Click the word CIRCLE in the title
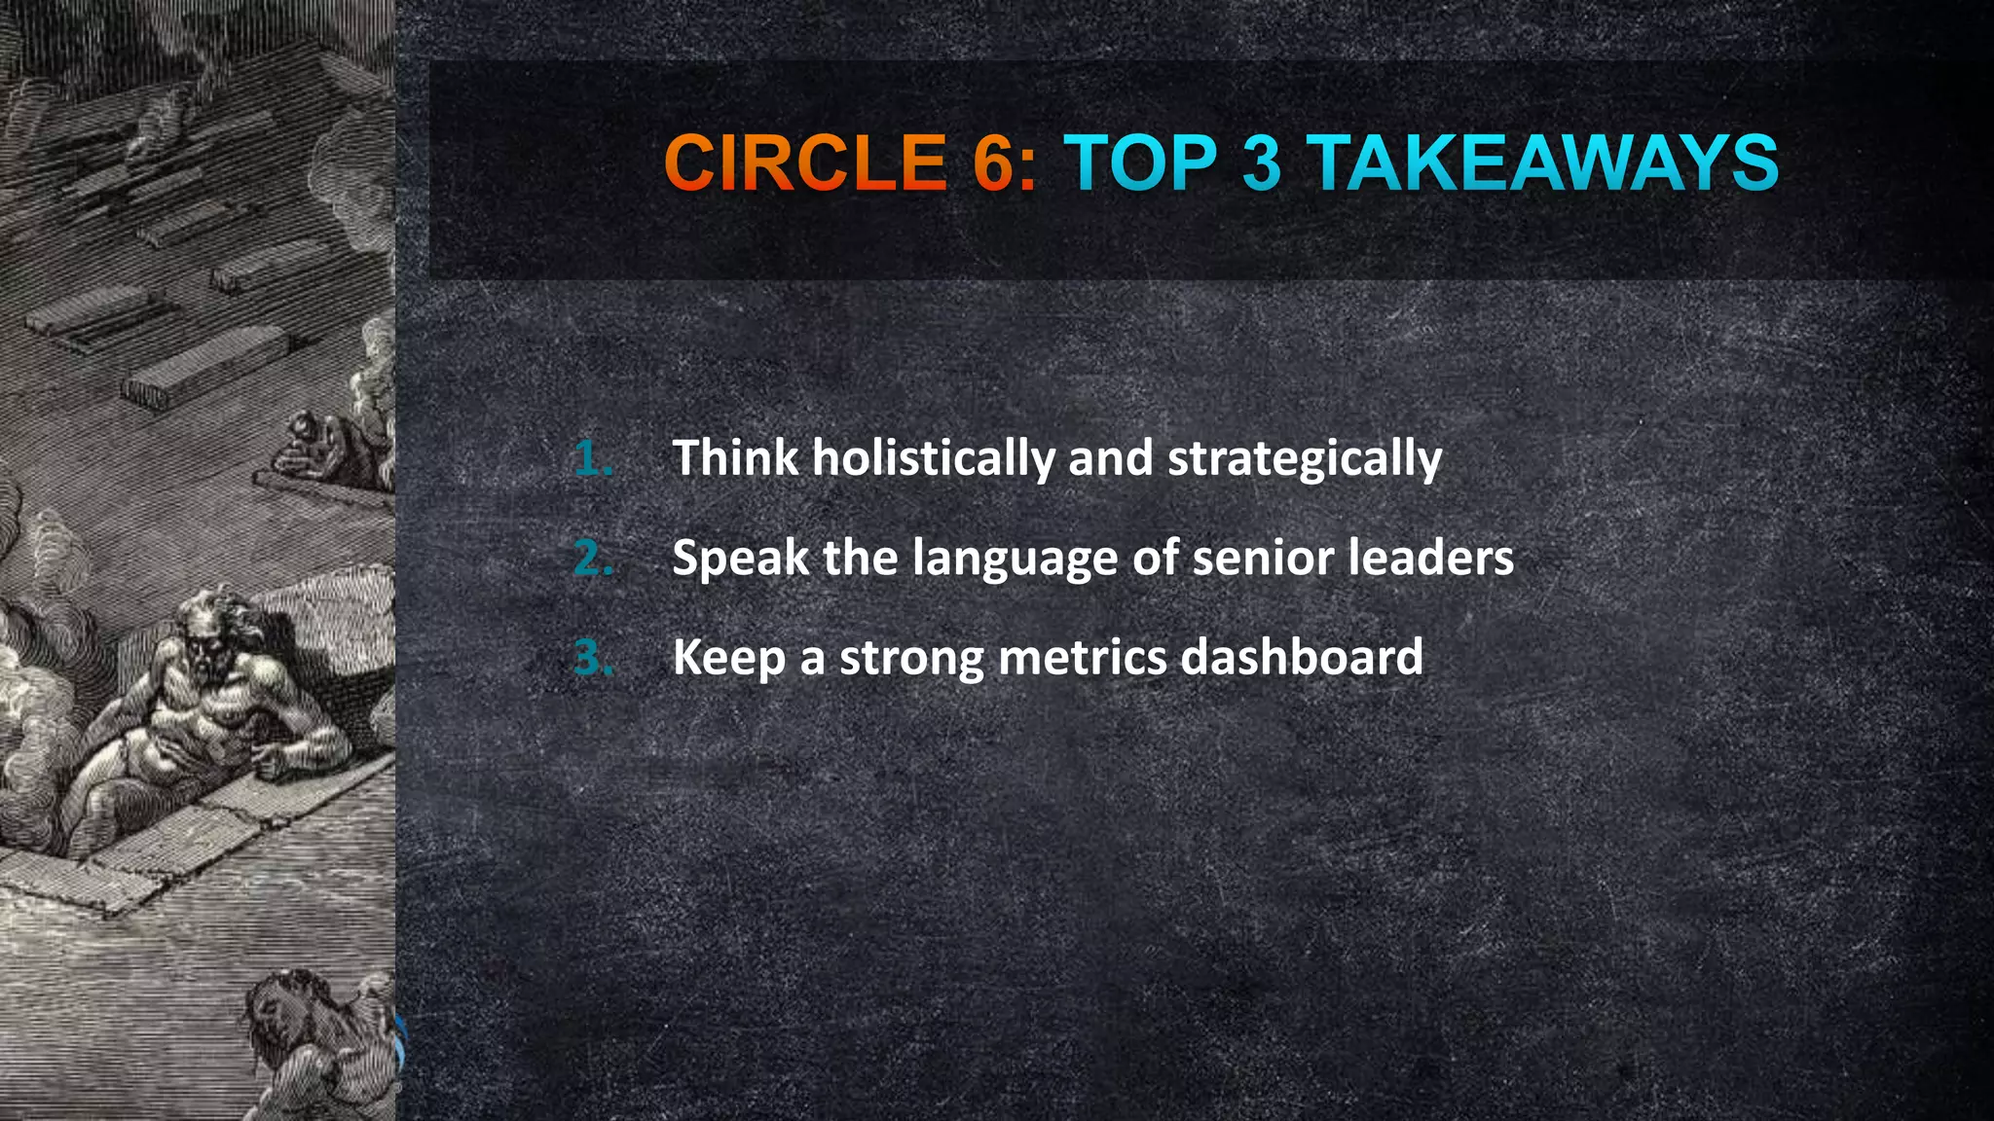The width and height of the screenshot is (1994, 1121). (x=804, y=163)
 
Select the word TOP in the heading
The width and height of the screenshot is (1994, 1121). (x=1140, y=163)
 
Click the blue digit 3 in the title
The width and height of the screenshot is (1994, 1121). (x=1261, y=163)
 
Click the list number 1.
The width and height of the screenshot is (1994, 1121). (x=592, y=458)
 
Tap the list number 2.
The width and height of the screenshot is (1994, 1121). (x=592, y=559)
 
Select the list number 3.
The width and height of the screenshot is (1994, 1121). (x=592, y=658)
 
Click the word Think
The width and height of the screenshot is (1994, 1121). (x=735, y=457)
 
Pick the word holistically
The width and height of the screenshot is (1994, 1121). (x=934, y=459)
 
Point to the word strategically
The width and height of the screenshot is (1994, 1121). (x=1305, y=459)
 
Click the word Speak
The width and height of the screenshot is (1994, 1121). (x=740, y=559)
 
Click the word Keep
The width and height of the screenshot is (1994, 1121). (x=729, y=658)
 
